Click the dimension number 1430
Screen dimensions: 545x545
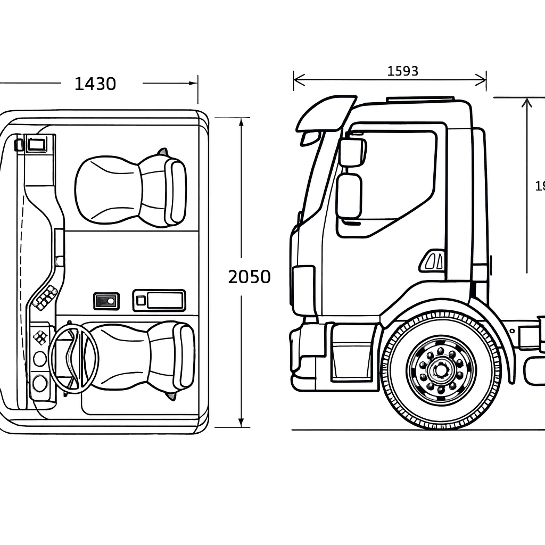[95, 84]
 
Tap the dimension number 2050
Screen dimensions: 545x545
[249, 277]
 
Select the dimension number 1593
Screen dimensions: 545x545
[402, 71]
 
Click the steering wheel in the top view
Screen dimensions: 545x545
[73, 359]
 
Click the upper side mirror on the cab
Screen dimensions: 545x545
[351, 152]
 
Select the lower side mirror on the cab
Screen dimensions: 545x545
[349, 196]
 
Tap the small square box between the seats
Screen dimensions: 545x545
[106, 301]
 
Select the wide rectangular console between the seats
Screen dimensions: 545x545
[159, 301]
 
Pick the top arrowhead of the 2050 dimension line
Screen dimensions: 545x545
[241, 121]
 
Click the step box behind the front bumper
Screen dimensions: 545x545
[352, 352]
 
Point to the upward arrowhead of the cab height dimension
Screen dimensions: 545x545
[526, 101]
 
